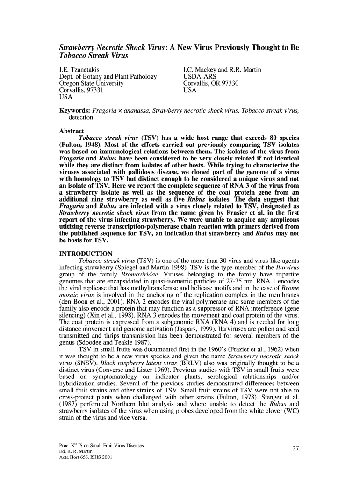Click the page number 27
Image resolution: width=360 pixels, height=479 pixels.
coord(295,449)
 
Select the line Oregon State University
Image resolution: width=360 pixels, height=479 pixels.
coord(91,83)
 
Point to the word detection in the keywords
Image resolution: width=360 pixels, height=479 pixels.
coord(81,117)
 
